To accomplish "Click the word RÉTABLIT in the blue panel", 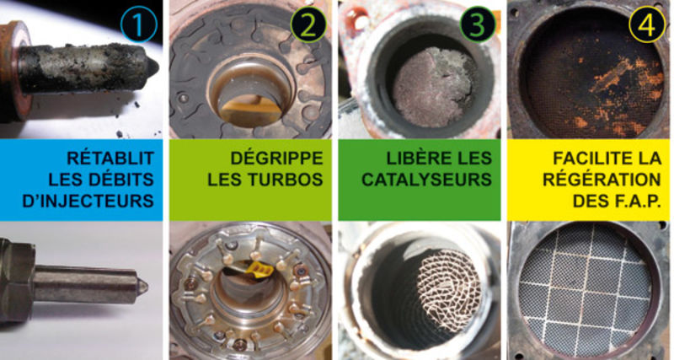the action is point(110,158).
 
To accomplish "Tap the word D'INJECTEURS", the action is point(88,201).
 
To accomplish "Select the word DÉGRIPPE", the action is point(277,159).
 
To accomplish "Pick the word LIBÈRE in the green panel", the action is point(412,158).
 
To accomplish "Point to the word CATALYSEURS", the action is point(427,180).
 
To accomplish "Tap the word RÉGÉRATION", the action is point(602,180).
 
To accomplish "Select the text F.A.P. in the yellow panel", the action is point(636,201).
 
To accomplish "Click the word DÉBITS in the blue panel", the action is point(121,180).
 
